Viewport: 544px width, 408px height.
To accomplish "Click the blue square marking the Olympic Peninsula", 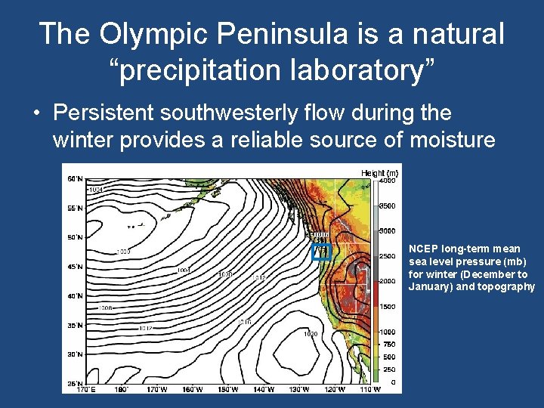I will pos(322,252).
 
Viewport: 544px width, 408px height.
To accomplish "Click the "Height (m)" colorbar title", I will pos(379,173).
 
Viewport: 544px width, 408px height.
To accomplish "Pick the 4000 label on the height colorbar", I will pos(388,180).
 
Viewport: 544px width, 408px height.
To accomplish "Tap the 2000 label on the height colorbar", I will pos(388,281).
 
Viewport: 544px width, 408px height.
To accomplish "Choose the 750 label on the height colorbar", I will pos(388,344).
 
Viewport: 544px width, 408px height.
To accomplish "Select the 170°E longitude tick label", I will pos(85,390).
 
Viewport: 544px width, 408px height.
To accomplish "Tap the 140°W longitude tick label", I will pos(264,390).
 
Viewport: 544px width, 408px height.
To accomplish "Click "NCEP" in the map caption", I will pos(422,249).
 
